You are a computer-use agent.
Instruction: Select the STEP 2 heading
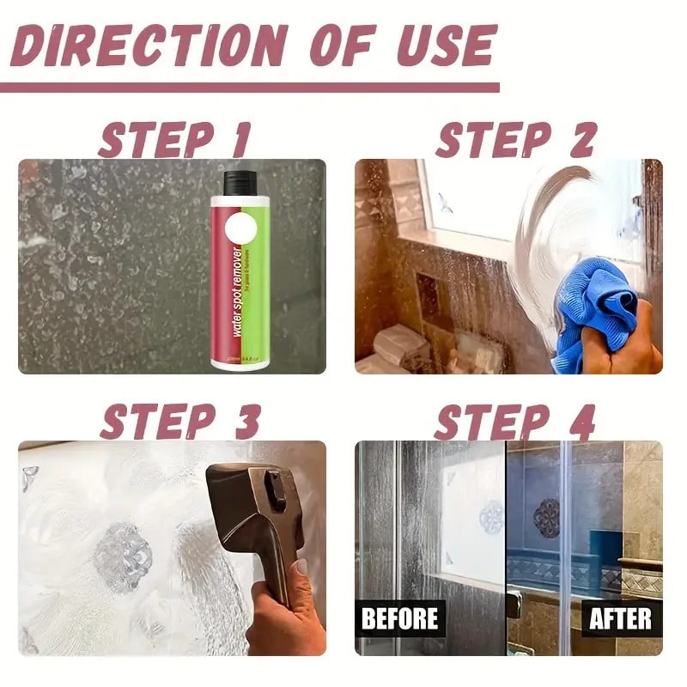coord(515,139)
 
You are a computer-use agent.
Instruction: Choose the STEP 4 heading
coord(514,421)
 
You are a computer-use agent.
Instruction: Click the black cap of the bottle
coord(236,182)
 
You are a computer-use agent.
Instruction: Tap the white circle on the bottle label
coord(240,231)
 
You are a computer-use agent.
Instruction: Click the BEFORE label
coord(399,617)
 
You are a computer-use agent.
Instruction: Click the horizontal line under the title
coord(249,87)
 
